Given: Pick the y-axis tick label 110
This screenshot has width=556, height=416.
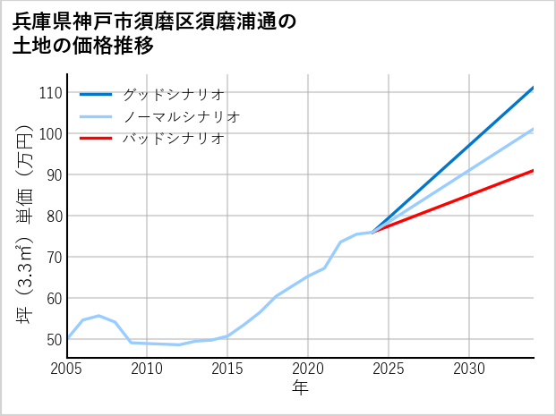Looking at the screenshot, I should tap(50, 93).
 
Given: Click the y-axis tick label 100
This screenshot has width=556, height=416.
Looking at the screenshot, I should tap(50, 134).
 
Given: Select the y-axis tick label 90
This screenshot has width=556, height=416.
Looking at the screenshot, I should tap(54, 175).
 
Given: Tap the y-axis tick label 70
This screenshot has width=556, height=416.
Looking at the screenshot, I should tap(54, 258).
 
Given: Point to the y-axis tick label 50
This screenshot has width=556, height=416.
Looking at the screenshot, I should tap(54, 339).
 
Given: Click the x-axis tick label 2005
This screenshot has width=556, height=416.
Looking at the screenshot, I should tap(67, 369).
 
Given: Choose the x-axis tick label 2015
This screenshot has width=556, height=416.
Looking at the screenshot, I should tap(227, 369).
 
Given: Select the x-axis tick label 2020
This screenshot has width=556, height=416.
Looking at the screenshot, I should tap(308, 369).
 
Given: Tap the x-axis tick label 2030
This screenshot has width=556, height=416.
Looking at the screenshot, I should tap(469, 369).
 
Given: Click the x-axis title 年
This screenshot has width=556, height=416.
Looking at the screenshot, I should tap(301, 388).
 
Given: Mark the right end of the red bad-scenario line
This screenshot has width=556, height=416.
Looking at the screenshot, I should tap(534, 170).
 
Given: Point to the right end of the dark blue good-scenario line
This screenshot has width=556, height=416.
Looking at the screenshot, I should tap(534, 88).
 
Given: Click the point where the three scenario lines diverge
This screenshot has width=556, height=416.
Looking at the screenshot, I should tap(372, 233).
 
